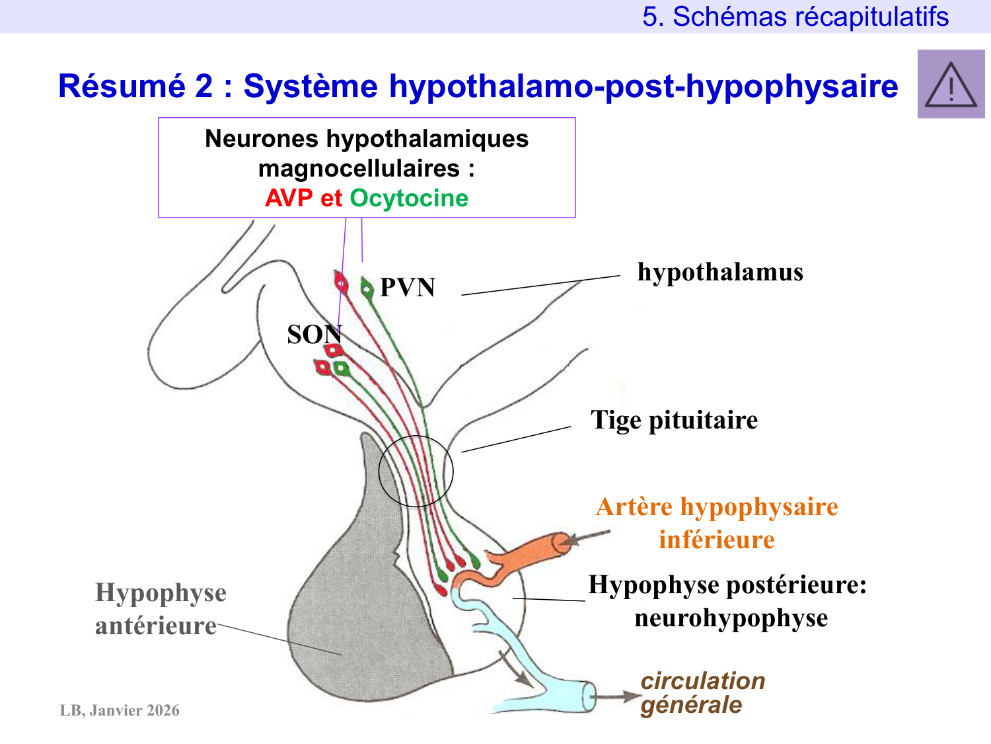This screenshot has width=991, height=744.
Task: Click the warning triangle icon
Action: pyautogui.click(x=951, y=85)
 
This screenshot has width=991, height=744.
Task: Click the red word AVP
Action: pyautogui.click(x=289, y=198)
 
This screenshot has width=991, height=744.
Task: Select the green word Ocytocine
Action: pyautogui.click(x=409, y=198)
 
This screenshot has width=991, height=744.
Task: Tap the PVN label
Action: pyautogui.click(x=408, y=288)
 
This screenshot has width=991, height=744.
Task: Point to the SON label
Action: pyautogui.click(x=314, y=335)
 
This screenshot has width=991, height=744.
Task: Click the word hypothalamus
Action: pyautogui.click(x=720, y=272)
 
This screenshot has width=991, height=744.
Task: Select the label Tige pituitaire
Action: pyautogui.click(x=674, y=420)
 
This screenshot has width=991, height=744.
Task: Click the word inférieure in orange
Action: pyautogui.click(x=716, y=540)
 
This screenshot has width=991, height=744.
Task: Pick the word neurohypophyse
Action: pyautogui.click(x=731, y=618)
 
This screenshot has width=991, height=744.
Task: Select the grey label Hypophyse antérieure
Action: pyautogui.click(x=160, y=609)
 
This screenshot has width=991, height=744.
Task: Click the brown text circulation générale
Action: pyautogui.click(x=702, y=692)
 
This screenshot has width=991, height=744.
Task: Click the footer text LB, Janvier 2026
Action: pyautogui.click(x=120, y=710)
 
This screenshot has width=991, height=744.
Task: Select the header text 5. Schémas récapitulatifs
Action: pyautogui.click(x=795, y=17)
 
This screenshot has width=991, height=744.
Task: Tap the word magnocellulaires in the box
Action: pyautogui.click(x=359, y=169)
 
